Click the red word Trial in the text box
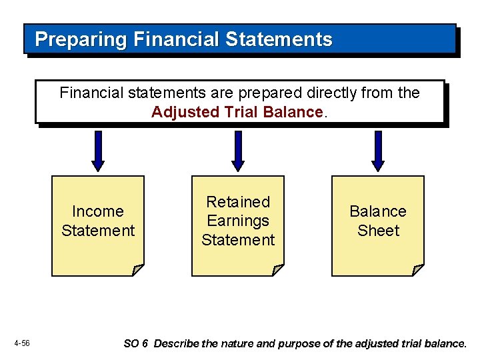click(x=237, y=112)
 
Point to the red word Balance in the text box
click(x=293, y=112)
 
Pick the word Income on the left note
click(x=98, y=211)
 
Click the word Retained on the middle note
click(x=238, y=202)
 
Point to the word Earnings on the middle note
click(x=238, y=221)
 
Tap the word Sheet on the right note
click(x=378, y=231)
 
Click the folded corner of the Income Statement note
click(x=137, y=270)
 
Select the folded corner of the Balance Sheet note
click(x=417, y=270)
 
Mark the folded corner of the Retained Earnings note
click(x=277, y=270)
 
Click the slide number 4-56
click(x=21, y=343)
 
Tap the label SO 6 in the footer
click(x=135, y=344)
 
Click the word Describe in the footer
click(x=176, y=344)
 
